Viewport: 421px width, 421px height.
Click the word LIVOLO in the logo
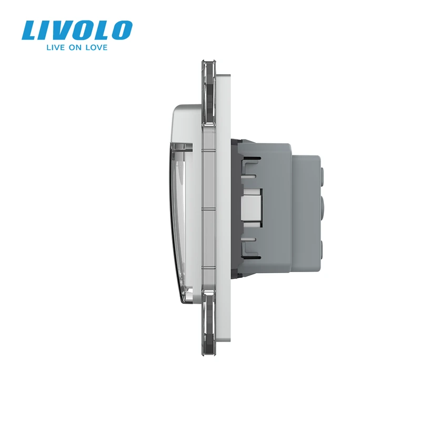(77, 30)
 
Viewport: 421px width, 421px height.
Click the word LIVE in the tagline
(56, 47)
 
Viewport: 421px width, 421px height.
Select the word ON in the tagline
(75, 47)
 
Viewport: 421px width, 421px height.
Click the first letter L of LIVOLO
(31, 31)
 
